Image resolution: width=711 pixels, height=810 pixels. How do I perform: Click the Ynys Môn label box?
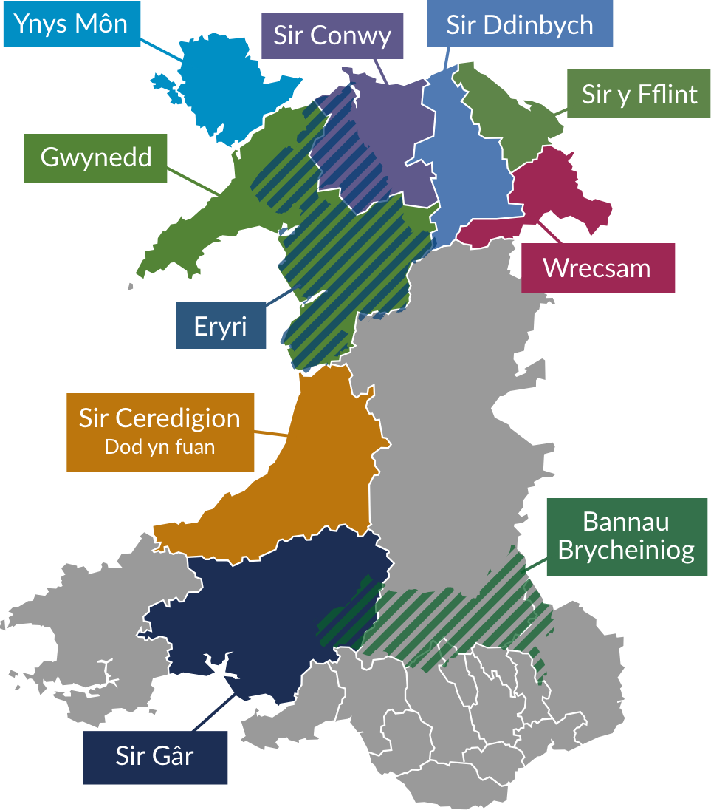[71, 24]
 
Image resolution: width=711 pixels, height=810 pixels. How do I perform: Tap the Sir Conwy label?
[332, 35]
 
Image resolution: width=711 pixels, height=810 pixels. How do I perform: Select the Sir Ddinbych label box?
[519, 25]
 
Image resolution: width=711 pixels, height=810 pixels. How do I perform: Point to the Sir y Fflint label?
[639, 95]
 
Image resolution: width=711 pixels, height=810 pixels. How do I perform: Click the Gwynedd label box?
[96, 157]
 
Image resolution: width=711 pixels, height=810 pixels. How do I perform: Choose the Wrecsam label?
[597, 268]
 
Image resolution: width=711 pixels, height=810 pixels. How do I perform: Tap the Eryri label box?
[220, 326]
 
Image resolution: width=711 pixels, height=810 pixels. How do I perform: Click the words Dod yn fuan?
[159, 446]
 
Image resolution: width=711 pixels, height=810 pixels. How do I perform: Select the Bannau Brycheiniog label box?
[626, 536]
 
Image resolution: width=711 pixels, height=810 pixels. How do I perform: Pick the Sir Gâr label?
[154, 757]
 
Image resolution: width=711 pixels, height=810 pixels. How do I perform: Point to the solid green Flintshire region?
[509, 118]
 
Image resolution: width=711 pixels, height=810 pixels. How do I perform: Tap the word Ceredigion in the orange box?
[178, 418]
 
